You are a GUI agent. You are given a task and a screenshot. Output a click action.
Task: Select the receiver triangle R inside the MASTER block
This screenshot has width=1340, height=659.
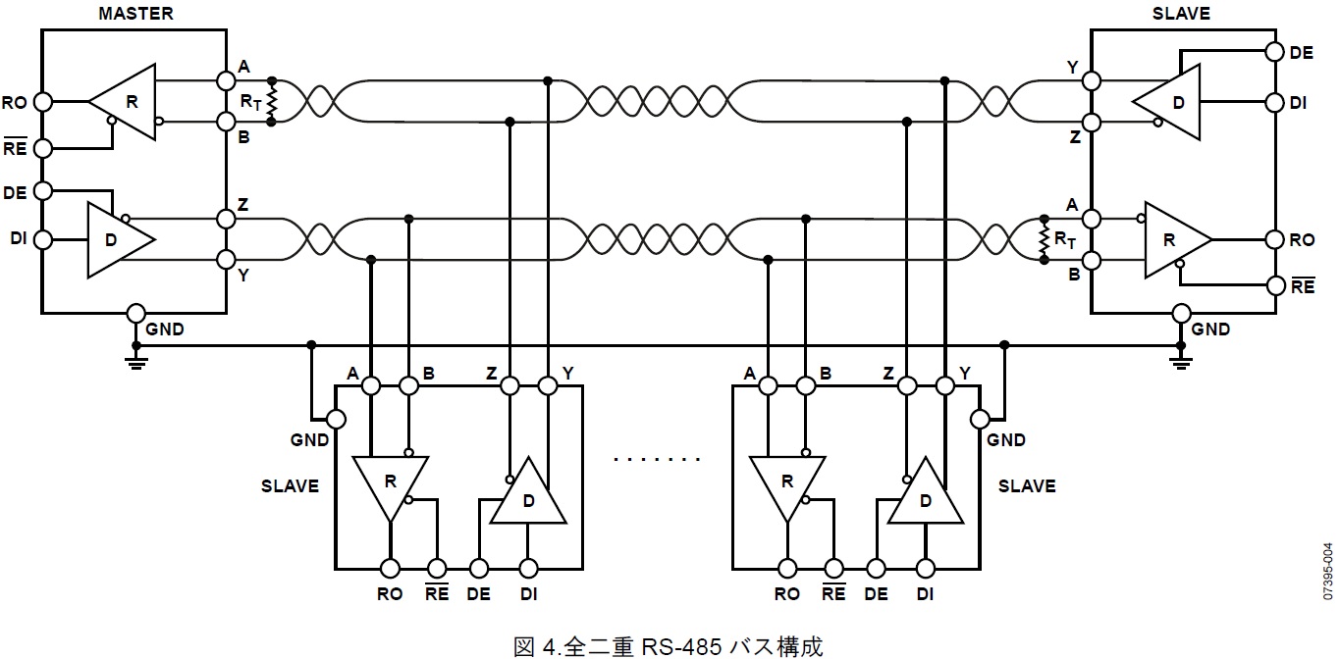click(125, 100)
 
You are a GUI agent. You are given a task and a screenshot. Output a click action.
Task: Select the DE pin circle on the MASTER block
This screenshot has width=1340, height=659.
click(42, 190)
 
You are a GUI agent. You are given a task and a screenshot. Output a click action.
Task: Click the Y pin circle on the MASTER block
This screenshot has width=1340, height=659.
click(226, 260)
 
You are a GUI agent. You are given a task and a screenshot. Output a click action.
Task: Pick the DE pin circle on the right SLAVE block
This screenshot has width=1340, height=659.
click(1274, 53)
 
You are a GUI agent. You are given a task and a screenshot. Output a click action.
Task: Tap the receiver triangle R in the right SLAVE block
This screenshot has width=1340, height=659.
click(1175, 239)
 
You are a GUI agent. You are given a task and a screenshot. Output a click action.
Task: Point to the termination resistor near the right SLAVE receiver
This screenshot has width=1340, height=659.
click(1043, 239)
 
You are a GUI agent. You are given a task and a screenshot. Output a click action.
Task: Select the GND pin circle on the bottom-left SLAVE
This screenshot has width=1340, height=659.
click(336, 419)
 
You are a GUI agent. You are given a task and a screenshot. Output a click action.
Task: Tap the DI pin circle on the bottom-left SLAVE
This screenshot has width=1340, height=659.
click(528, 568)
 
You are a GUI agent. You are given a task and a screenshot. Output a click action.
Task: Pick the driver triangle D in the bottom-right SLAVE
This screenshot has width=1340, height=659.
click(924, 495)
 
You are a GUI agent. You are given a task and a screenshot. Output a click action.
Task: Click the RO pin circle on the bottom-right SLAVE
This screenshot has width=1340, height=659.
click(786, 568)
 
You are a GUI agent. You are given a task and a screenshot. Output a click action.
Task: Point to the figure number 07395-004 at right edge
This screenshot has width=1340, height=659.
click(1327, 571)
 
